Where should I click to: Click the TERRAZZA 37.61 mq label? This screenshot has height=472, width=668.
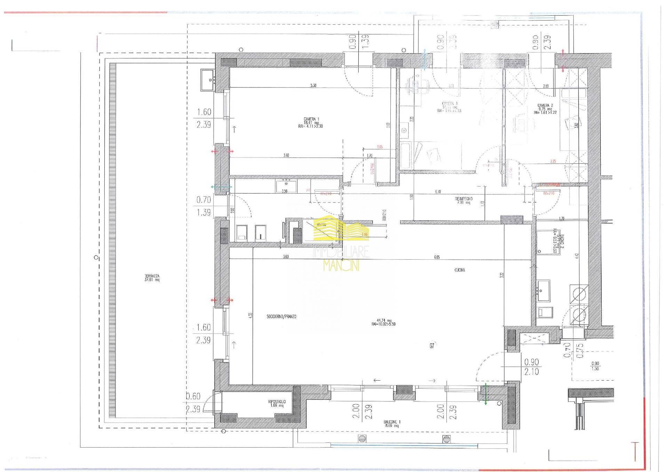point(152,278)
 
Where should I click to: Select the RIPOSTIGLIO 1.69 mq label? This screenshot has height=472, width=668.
point(277,403)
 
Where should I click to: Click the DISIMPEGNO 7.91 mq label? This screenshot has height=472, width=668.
point(463,201)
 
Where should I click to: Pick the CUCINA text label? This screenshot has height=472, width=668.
point(460,270)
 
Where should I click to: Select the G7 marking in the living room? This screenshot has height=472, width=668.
point(432,346)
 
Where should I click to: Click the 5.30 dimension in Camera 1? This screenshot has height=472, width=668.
point(313,85)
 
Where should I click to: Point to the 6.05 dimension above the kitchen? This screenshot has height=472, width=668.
point(437,257)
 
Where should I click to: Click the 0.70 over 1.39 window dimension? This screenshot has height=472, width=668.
point(204,206)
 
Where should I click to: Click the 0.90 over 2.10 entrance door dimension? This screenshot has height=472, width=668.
point(531,367)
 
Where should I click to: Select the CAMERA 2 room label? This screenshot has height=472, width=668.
point(544,107)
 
